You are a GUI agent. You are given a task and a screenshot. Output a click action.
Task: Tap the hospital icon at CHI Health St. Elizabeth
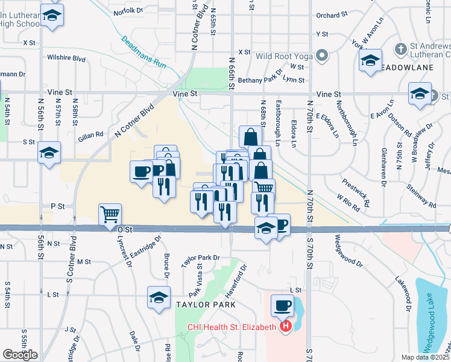coord(286,327)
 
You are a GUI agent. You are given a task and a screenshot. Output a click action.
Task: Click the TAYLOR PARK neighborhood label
coord(206,305)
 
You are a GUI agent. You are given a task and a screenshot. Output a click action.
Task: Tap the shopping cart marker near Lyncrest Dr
coord(110,214)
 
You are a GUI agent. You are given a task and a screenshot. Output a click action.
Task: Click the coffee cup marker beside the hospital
coord(282,305)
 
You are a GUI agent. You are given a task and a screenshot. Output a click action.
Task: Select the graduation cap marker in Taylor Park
coord(159,298)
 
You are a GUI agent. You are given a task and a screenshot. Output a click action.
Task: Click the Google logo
coord(19,354)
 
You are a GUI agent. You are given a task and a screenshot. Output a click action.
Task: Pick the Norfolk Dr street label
coord(128,10)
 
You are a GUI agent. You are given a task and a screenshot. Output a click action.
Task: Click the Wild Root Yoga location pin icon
coord(322,56)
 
